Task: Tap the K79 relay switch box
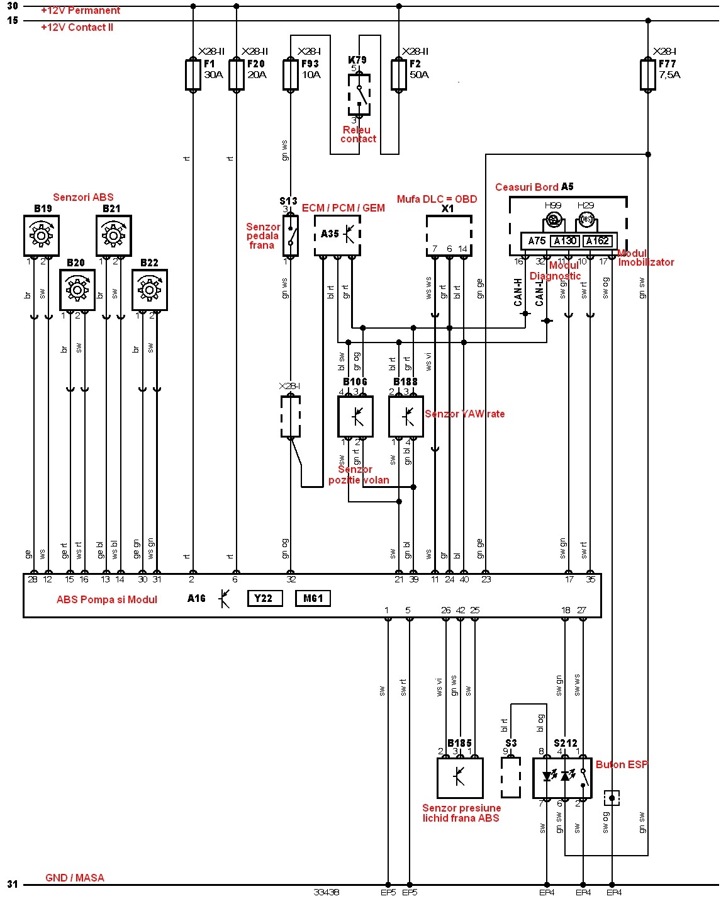point(359,94)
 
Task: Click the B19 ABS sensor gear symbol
point(42,235)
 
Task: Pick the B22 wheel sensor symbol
point(150,290)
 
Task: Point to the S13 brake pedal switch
point(291,234)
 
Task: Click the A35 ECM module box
point(338,235)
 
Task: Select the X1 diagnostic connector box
point(449,234)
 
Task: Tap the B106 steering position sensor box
point(355,416)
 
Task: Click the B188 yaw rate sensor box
point(406,416)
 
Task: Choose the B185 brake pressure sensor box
point(460,778)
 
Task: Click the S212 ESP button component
point(562,778)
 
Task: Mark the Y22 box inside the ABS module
point(264,598)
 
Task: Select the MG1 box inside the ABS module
point(313,598)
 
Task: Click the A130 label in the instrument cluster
point(565,241)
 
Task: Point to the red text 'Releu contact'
point(358,135)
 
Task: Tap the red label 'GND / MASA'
point(75,878)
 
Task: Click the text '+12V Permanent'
point(81,11)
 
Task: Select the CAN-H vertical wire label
point(518,292)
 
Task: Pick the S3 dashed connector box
point(511,778)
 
